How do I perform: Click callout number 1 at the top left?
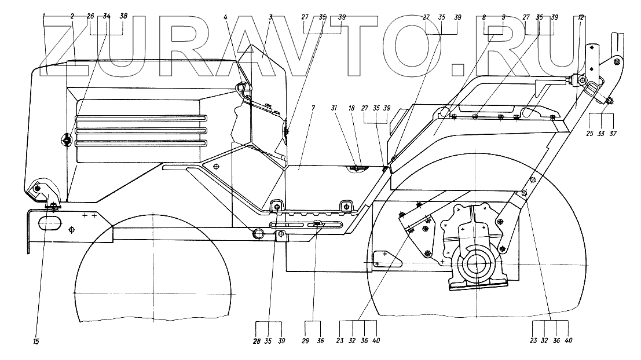44,17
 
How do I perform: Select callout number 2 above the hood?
72,17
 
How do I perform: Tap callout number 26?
90,17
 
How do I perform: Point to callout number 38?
123,17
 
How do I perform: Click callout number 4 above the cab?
226,17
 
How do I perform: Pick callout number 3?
270,17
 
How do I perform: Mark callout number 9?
503,17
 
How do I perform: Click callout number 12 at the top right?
581,17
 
